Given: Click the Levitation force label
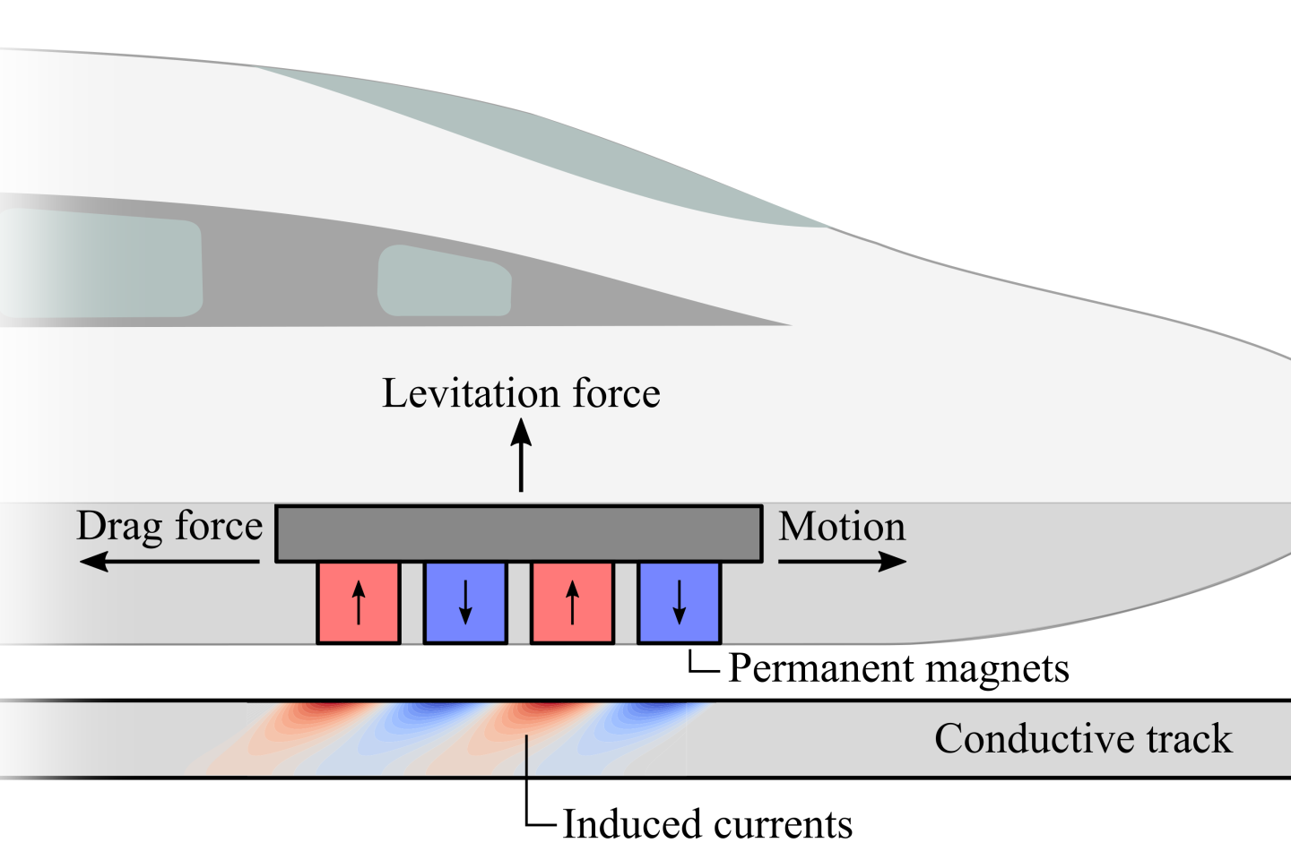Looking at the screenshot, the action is click(x=521, y=394).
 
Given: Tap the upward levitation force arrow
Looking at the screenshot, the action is click(x=521, y=455).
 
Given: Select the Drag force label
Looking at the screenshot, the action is click(x=169, y=527).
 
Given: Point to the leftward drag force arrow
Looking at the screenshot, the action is click(x=169, y=561).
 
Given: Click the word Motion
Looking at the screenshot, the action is click(x=842, y=527).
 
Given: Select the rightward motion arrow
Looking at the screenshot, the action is click(x=843, y=561).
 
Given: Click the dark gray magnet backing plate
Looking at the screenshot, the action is click(x=519, y=533).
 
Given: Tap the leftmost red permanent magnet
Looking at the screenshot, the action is click(x=359, y=603).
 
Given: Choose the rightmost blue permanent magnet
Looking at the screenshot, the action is click(x=679, y=603).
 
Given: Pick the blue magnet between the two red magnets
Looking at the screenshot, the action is click(x=465, y=603).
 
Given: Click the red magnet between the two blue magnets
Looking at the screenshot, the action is click(x=572, y=603).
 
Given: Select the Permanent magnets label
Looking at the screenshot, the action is click(x=898, y=669).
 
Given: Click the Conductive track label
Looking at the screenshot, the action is click(x=1083, y=738).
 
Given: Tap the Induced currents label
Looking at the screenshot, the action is click(x=707, y=824).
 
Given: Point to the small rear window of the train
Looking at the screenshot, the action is click(x=444, y=281).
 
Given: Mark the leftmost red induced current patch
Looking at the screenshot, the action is click(x=306, y=726).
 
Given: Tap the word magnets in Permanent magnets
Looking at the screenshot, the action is click(x=997, y=670).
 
